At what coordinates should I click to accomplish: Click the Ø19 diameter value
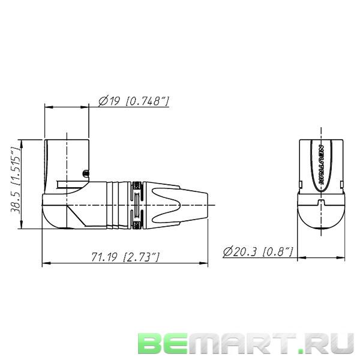(109, 102)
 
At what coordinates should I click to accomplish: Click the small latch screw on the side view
(87, 174)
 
